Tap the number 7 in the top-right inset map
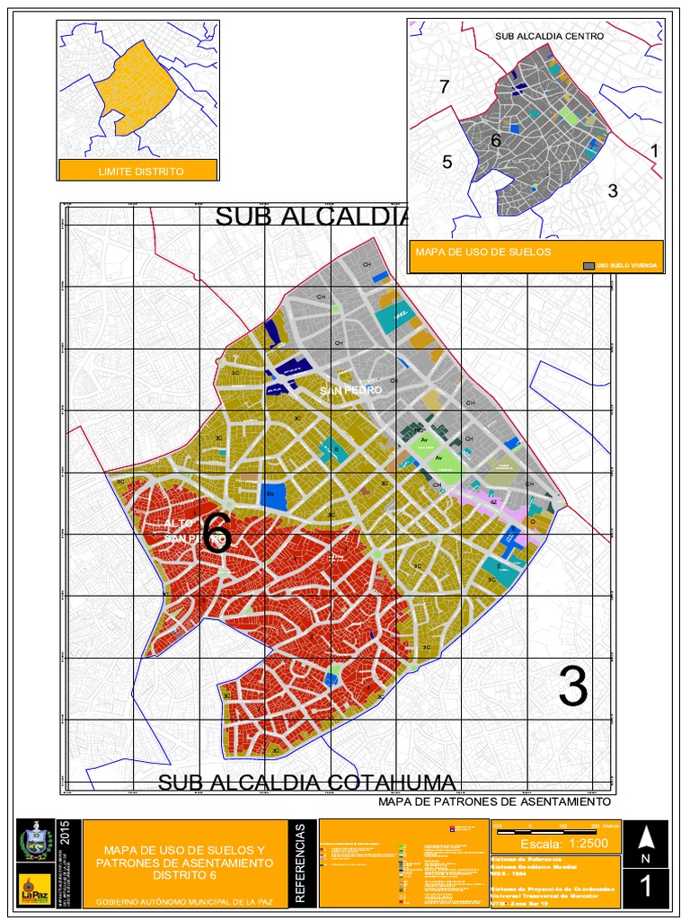tap(443, 87)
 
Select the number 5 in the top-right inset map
tap(447, 162)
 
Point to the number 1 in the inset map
tap(654, 151)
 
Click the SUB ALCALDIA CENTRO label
tap(549, 36)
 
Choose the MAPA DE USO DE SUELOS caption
tap(482, 252)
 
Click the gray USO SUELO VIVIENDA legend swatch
tap(589, 266)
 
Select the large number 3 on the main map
tap(572, 687)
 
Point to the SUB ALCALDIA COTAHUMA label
tap(306, 782)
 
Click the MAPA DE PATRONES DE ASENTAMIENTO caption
tap(494, 801)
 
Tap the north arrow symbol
tap(645, 837)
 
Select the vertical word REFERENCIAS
tap(301, 862)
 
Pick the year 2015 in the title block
tap(64, 834)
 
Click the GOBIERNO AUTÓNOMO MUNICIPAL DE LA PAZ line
tap(184, 900)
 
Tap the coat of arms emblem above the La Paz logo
tap(35, 842)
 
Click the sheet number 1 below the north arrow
tap(645, 887)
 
